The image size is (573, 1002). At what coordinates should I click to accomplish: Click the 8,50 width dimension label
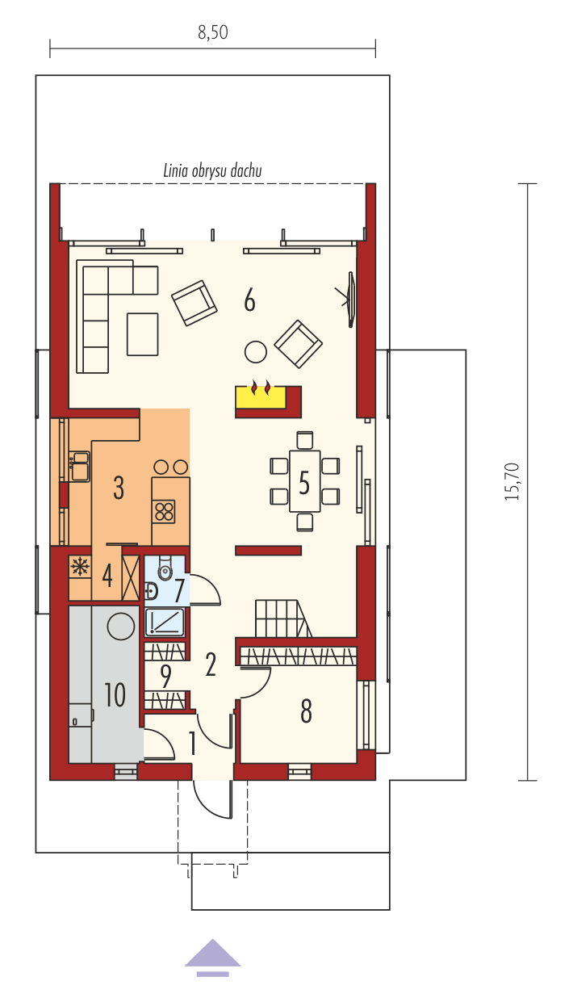[212, 32]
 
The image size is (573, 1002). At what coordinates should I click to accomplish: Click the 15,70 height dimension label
[512, 482]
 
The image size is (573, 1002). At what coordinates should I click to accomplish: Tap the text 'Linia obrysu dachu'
[212, 170]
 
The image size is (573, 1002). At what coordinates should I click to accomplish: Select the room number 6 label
[250, 301]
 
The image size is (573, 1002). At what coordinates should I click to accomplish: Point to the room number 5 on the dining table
[304, 482]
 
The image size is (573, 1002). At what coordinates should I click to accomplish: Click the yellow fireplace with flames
[261, 396]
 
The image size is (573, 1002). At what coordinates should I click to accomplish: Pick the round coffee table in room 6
[256, 351]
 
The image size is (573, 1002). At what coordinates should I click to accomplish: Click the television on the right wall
[351, 300]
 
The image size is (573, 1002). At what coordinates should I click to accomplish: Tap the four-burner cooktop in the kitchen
[165, 511]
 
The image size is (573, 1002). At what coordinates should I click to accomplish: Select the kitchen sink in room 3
[79, 467]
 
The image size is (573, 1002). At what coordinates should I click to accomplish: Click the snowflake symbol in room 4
[80, 567]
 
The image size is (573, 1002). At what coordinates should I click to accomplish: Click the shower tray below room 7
[165, 622]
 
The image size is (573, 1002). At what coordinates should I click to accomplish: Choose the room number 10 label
[115, 694]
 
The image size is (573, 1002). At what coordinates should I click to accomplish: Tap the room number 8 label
[306, 711]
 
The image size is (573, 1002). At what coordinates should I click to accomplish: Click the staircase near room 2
[278, 618]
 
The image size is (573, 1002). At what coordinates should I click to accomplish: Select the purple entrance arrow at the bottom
[212, 954]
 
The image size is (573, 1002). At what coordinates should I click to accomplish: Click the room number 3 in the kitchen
[119, 488]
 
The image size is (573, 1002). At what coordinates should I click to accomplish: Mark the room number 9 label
[165, 675]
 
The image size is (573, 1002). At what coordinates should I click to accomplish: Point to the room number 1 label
[192, 742]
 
